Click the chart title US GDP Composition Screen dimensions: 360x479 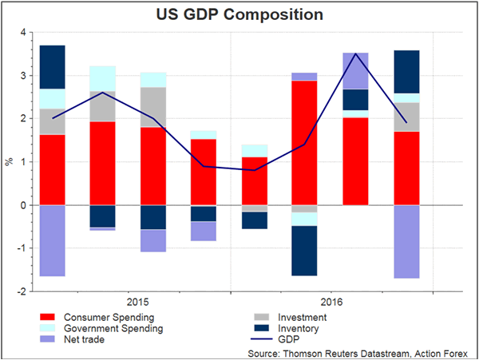click(239, 14)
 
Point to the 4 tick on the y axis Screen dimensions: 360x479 click(22, 33)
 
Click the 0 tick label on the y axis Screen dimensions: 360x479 click(22, 205)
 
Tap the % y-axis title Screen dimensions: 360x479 click(10, 162)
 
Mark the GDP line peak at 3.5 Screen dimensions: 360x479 click(354, 53)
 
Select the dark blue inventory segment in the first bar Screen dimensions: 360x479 click(52, 66)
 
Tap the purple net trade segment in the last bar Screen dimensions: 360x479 click(407, 241)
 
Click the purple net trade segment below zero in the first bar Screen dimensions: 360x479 click(52, 240)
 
